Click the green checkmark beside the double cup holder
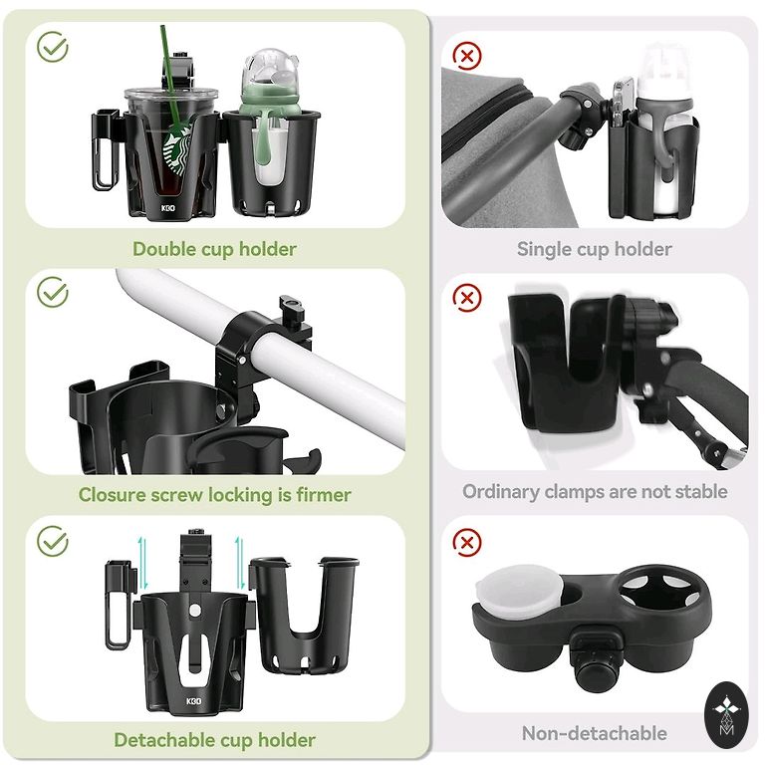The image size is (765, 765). click(x=53, y=47)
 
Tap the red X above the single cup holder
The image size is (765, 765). click(x=467, y=56)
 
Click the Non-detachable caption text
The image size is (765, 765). click(x=594, y=733)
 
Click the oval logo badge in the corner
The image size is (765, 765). click(x=726, y=715)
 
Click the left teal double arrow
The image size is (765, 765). click(x=142, y=564)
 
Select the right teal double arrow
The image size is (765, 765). click(x=239, y=563)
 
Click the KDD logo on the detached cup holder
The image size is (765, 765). click(x=193, y=701)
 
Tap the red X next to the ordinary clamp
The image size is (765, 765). click(x=467, y=298)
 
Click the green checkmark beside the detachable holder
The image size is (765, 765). click(x=53, y=541)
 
